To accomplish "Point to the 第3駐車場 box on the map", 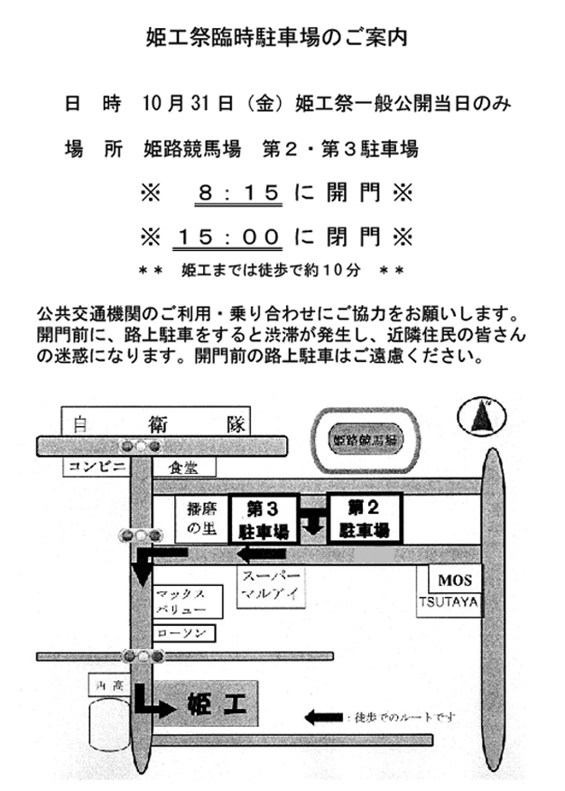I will [264, 518].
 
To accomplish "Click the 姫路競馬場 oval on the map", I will [365, 440].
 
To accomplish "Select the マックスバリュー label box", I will [186, 602].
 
